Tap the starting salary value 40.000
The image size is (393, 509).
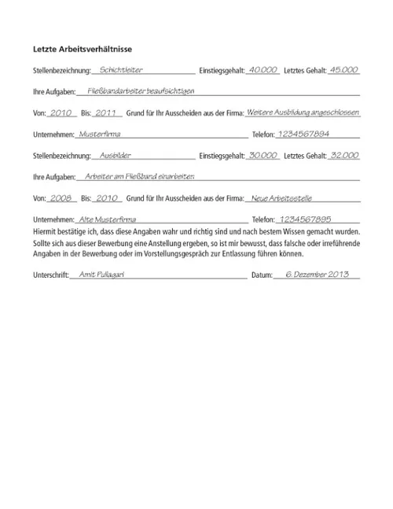(x=262, y=69)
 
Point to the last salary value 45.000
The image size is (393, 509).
(x=343, y=69)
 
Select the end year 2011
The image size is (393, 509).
(x=104, y=112)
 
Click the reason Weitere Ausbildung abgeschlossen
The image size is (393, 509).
(x=303, y=112)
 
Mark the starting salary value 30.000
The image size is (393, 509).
(x=262, y=156)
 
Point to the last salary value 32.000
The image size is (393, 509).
(x=343, y=156)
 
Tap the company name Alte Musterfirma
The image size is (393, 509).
(x=107, y=219)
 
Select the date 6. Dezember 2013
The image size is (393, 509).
(x=316, y=275)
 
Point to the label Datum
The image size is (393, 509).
(x=261, y=276)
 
